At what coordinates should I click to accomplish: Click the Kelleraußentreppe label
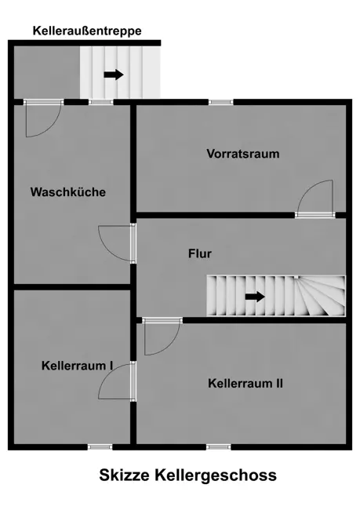pos(87,31)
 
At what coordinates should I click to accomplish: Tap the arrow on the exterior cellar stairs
pos(114,75)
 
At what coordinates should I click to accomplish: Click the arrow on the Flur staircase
pos(255,297)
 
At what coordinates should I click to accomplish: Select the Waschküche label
pos(68,192)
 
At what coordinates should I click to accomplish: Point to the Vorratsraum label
pos(243,154)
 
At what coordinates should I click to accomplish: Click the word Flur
pos(200,253)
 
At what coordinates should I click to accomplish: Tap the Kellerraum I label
pos(77,366)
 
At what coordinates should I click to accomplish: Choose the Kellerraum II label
pos(245,383)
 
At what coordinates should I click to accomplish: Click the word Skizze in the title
pos(124,475)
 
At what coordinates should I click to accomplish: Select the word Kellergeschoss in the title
pos(216,475)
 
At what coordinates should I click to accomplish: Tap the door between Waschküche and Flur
pos(117,243)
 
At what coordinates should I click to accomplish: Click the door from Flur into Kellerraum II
pos(162,337)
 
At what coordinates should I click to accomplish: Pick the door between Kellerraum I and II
pos(117,381)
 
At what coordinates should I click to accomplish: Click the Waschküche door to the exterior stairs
pos(44,118)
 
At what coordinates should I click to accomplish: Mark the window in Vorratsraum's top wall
pos(221,102)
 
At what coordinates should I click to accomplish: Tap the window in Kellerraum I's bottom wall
pos(100,447)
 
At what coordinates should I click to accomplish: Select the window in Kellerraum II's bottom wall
pos(219,447)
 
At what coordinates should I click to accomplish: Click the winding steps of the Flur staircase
pos(320,296)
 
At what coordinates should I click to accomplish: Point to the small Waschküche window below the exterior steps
pos(101,102)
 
